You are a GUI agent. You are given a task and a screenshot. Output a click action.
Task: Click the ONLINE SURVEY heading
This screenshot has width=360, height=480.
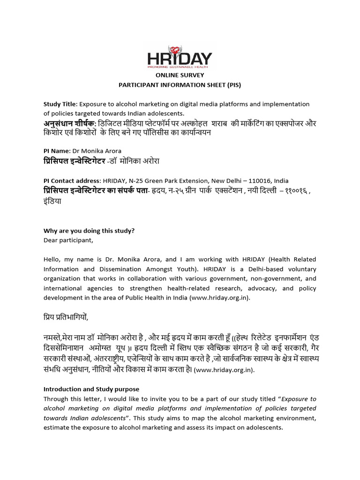tap(180, 75)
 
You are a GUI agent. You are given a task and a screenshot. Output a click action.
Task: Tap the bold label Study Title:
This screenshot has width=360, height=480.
tap(60, 104)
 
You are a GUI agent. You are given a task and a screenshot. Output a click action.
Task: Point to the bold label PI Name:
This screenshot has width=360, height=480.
tap(56, 151)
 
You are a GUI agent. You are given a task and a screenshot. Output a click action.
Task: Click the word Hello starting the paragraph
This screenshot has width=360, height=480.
tap(52, 260)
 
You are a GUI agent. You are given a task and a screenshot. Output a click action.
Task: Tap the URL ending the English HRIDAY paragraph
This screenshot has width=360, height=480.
tap(221, 298)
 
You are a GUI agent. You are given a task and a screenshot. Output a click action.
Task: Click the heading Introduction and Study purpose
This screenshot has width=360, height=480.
tap(91, 389)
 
